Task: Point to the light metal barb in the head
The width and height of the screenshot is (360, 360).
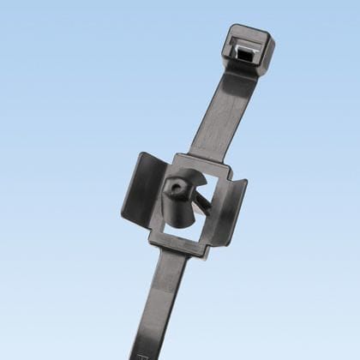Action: pos(250,50)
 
